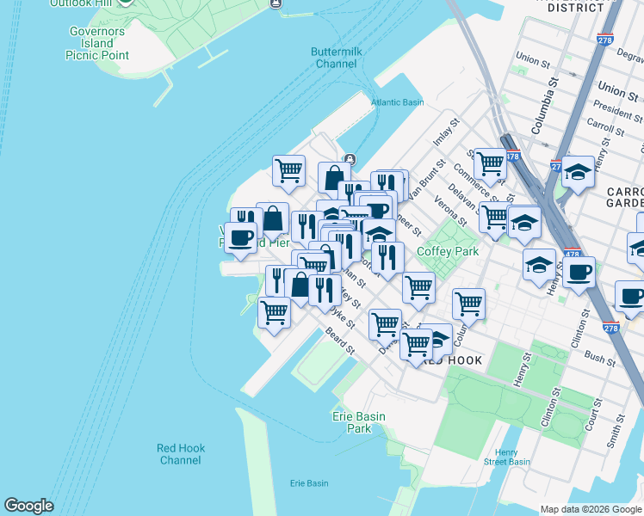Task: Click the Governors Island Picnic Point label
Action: tap(97, 43)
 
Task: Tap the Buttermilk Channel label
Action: tap(336, 58)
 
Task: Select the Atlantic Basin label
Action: tap(398, 102)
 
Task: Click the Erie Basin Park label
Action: tap(358, 422)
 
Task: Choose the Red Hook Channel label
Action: tap(181, 454)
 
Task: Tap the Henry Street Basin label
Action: tap(507, 458)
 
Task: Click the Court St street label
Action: tap(591, 414)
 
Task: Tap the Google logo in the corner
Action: tap(28, 506)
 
